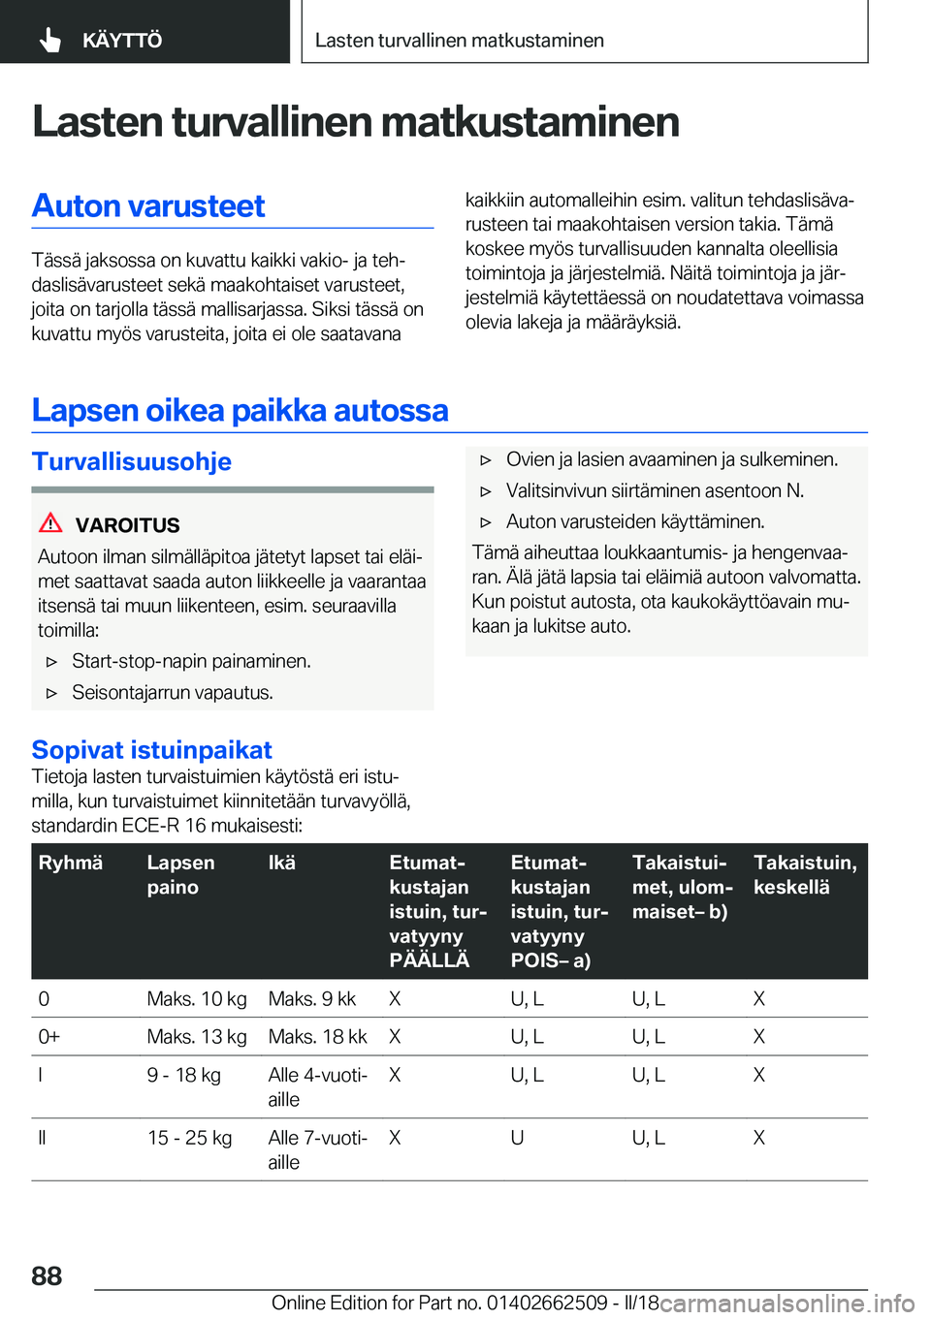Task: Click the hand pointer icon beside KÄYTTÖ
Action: tap(50, 40)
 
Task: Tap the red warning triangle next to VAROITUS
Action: tap(50, 523)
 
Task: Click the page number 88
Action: tap(47, 1275)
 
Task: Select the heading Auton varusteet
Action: tap(148, 205)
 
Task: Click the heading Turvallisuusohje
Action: tap(132, 461)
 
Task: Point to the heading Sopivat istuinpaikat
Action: tap(151, 749)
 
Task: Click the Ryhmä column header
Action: tap(71, 863)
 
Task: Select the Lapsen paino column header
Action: tap(180, 874)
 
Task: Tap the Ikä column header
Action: tap(282, 863)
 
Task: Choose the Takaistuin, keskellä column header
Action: tap(804, 874)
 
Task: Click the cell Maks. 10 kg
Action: tap(197, 998)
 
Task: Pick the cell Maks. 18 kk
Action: tap(317, 1037)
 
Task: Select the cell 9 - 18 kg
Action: tap(184, 1075)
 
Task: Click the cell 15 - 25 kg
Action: tap(189, 1138)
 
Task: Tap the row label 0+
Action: tap(49, 1037)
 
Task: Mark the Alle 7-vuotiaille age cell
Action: tap(317, 1149)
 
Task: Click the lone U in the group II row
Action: tap(518, 1138)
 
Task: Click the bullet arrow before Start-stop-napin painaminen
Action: tap(52, 662)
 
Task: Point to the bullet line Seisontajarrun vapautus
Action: tap(173, 693)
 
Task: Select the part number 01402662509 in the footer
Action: tap(547, 1303)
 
